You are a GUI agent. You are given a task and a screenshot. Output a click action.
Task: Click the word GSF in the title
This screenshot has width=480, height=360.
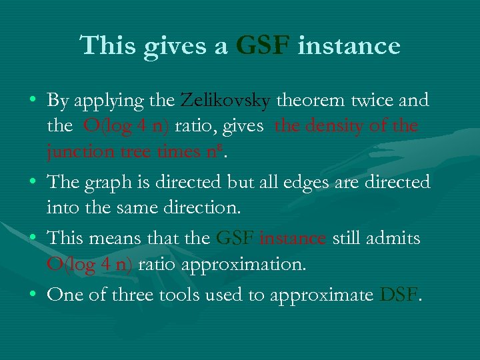263,46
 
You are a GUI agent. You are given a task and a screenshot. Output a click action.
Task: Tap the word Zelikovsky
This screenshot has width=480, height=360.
225,101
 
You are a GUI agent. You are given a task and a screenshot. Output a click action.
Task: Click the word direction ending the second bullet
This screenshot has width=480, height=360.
205,207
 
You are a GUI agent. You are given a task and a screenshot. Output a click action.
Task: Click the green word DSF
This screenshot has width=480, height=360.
399,294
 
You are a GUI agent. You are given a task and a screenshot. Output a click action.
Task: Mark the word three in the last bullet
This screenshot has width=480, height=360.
135,294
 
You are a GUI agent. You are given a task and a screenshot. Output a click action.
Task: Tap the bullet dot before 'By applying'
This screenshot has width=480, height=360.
33,101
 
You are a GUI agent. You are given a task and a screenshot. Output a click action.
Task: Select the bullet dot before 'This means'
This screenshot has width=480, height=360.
33,239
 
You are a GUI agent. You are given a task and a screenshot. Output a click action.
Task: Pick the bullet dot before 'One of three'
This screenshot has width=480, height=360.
33,295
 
